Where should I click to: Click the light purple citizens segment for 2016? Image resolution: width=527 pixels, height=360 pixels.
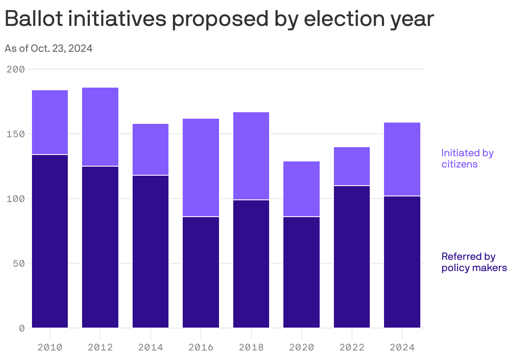pos(201,167)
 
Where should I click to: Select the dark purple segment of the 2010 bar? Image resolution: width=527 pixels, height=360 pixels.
pos(50,241)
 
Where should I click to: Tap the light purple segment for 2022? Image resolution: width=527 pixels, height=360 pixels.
pos(352,166)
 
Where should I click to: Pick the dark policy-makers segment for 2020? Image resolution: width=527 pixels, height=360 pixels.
pos(302,272)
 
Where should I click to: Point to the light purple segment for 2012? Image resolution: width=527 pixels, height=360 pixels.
pos(100,127)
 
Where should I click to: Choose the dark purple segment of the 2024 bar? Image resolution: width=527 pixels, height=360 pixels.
pos(402,262)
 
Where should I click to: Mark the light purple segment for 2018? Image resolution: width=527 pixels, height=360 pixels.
pos(251,156)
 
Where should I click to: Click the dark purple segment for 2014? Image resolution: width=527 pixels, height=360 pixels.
pos(150,251)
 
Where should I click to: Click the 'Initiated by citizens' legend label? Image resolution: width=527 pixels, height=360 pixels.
pos(467,158)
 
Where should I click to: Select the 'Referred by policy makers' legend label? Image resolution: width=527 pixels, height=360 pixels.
pos(474,262)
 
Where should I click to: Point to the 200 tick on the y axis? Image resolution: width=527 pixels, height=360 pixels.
pos(16,69)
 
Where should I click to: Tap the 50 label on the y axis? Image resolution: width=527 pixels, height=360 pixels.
pos(18,263)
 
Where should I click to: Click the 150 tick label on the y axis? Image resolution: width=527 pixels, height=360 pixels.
pos(16,134)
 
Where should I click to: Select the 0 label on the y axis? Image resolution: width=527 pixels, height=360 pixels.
pos(21,328)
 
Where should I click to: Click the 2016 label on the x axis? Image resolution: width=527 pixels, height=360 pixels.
pos(201,347)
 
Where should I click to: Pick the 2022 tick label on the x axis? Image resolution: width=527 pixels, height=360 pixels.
pos(352,347)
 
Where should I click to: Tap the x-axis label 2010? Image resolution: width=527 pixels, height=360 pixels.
pos(50,347)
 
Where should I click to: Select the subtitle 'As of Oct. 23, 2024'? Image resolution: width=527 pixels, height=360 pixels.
pos(48,48)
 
